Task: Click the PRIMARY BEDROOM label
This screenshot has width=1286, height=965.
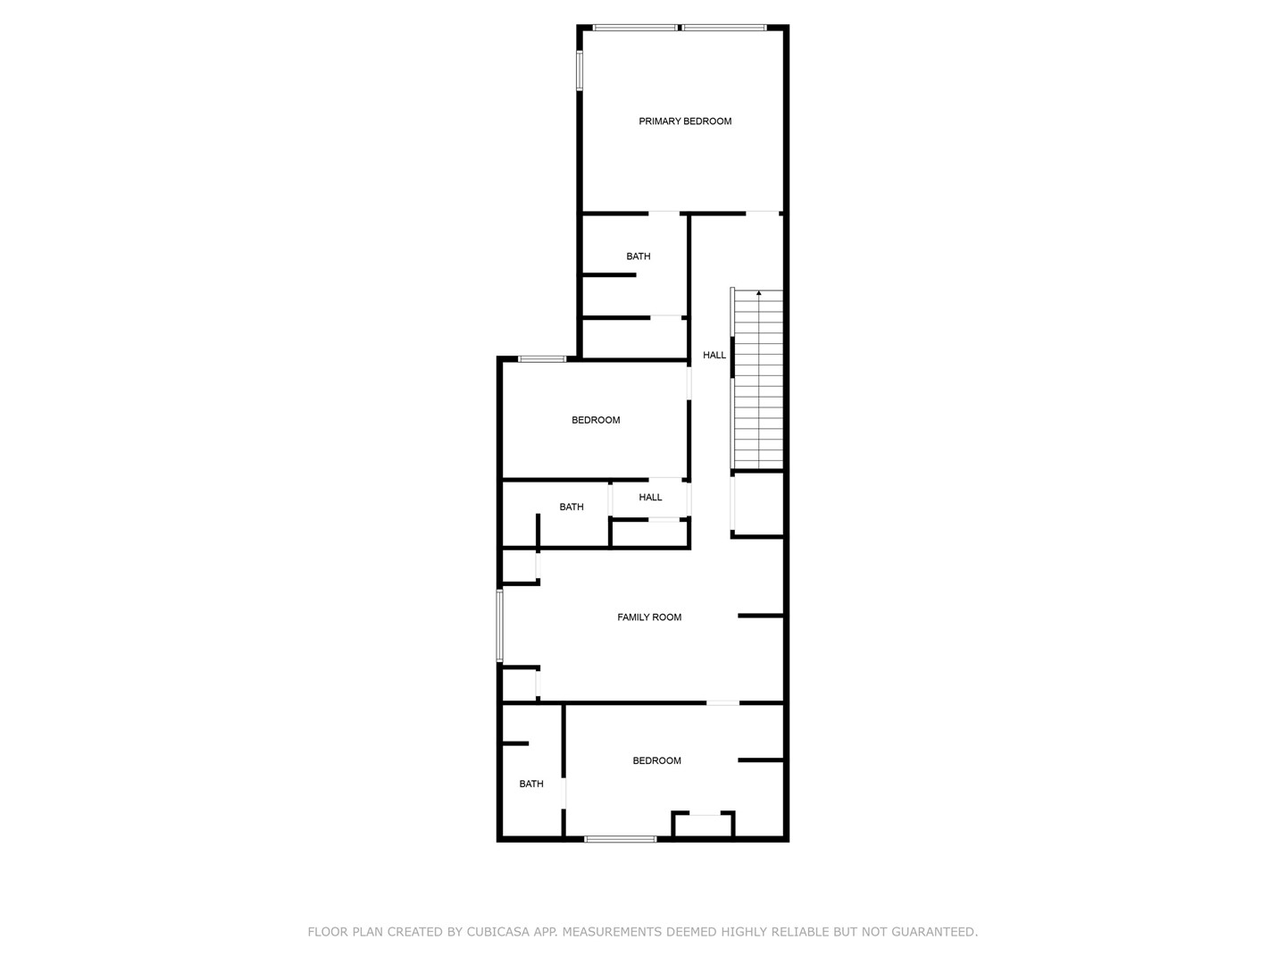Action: click(685, 122)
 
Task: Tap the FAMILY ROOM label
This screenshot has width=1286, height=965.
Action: click(649, 617)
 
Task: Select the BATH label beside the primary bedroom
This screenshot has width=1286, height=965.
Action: click(638, 256)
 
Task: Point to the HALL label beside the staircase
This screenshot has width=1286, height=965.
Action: click(714, 355)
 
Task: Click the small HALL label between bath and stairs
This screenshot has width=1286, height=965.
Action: click(650, 498)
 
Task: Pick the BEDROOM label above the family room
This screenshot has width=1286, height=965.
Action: click(596, 420)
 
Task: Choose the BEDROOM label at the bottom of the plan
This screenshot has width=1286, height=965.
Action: click(656, 760)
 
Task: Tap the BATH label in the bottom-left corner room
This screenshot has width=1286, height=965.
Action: click(531, 784)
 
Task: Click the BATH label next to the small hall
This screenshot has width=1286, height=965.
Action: click(572, 507)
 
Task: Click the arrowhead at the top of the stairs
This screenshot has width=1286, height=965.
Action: click(759, 292)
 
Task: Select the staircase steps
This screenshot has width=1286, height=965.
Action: click(759, 380)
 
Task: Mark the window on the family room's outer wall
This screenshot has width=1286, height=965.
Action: click(500, 625)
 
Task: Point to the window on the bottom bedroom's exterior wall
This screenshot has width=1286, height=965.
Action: click(621, 839)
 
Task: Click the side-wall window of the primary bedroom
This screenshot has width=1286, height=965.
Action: click(580, 71)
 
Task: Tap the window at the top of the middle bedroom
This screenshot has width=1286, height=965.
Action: click(542, 359)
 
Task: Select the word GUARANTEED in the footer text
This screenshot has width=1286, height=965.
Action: click(934, 932)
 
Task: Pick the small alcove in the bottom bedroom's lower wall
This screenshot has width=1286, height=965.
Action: click(703, 825)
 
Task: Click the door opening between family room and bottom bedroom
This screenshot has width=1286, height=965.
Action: click(722, 702)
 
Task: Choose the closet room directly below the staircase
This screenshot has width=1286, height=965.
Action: click(758, 504)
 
